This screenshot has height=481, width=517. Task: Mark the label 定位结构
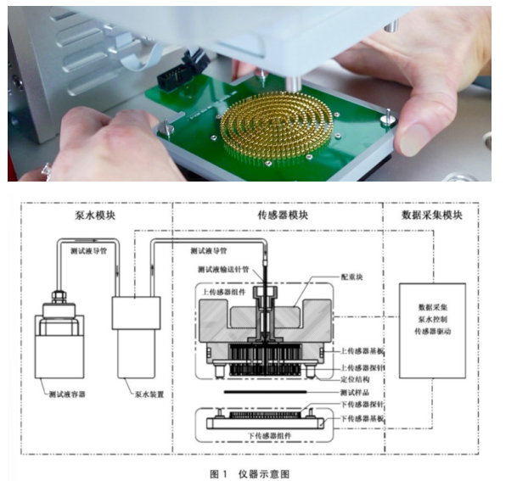pos(355,379)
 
